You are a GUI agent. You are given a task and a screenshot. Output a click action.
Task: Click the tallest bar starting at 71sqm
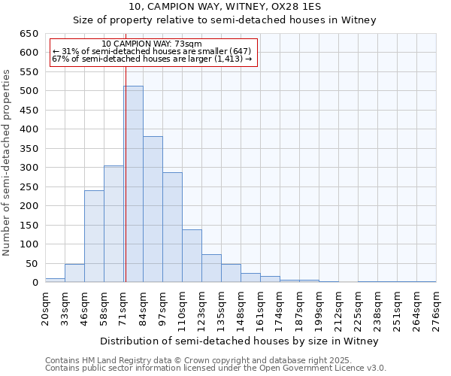point(133,184)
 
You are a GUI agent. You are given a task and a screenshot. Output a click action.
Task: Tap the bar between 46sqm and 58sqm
point(94,236)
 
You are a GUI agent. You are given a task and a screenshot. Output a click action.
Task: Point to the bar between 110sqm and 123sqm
point(192,256)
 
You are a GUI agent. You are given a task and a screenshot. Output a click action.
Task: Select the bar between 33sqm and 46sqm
point(74,273)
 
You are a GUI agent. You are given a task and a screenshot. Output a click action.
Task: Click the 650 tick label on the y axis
point(29,34)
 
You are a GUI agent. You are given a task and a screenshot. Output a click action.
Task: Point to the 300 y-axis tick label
point(29,168)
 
